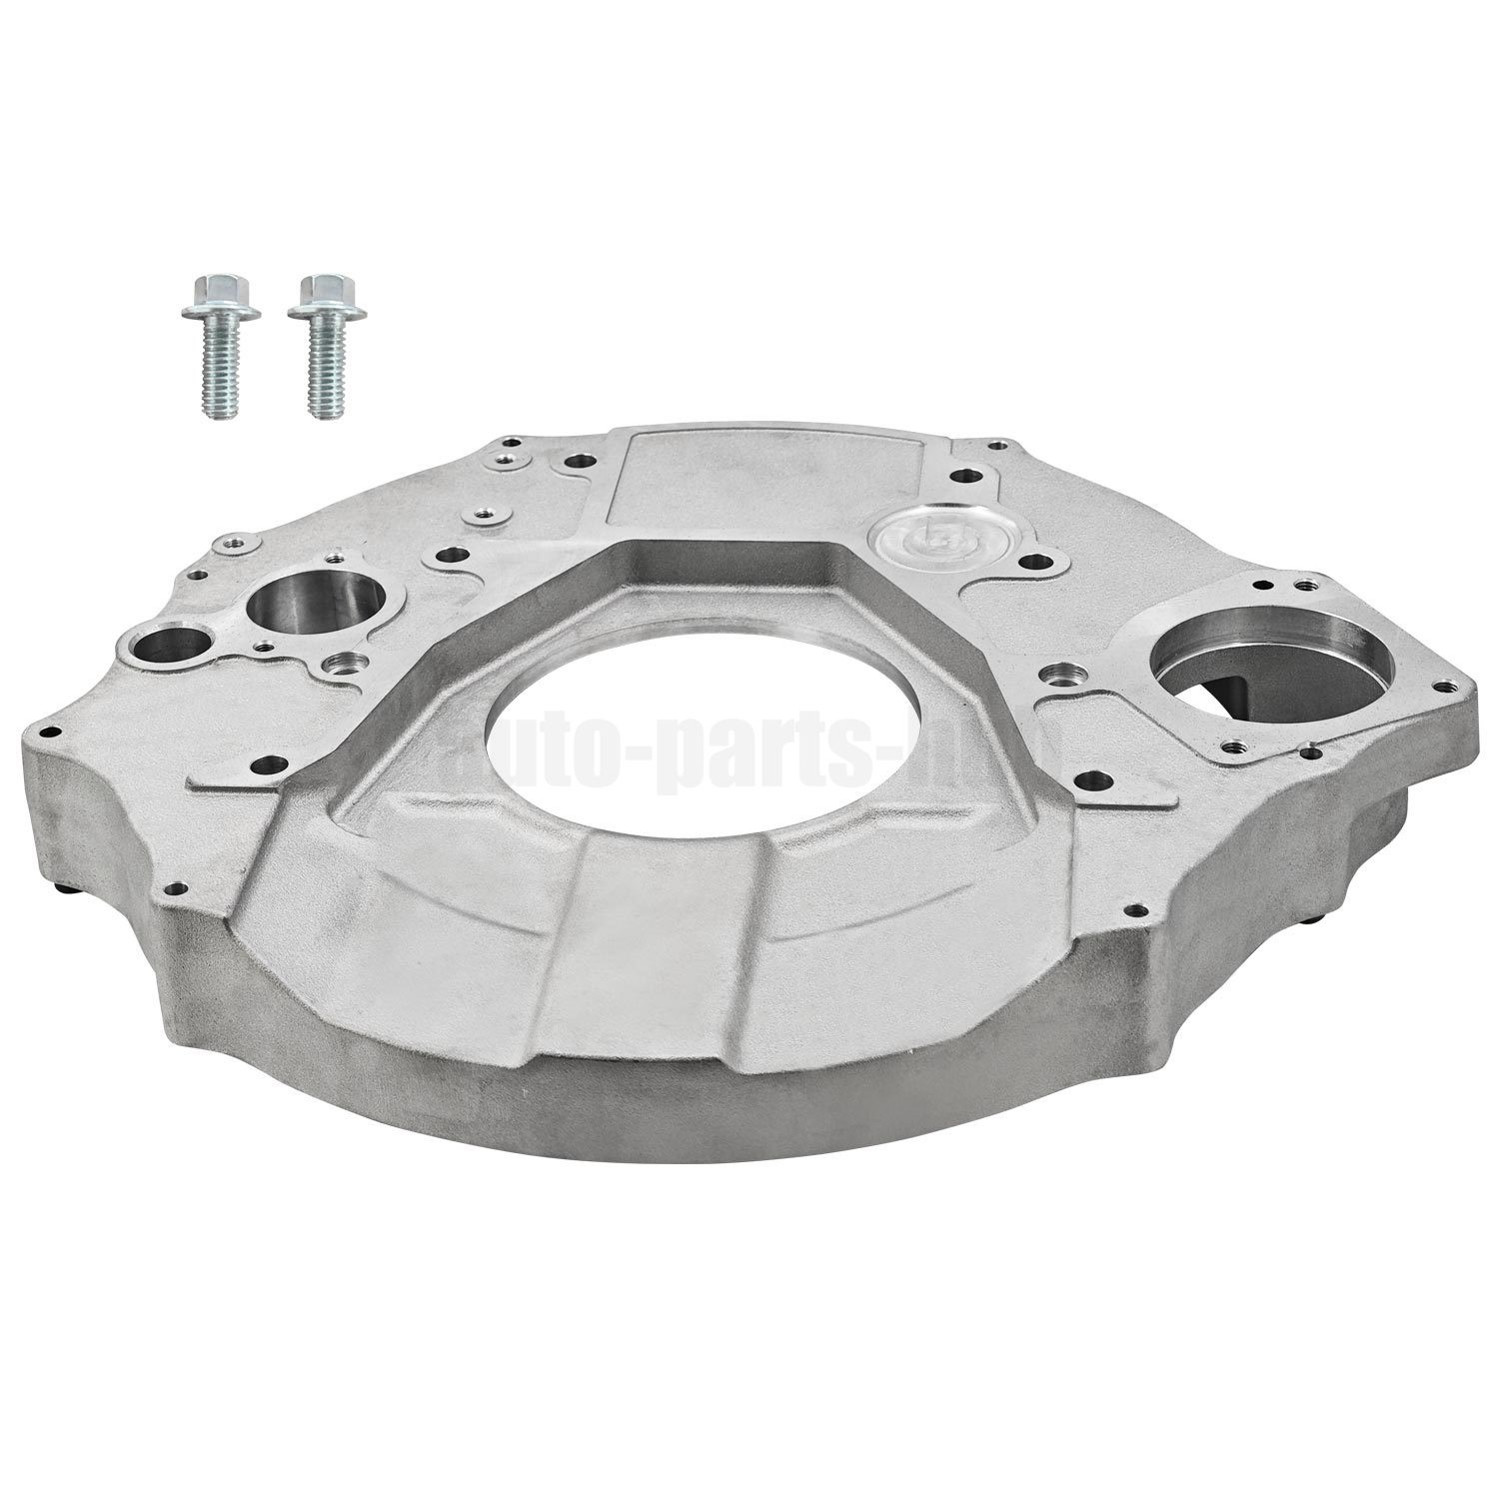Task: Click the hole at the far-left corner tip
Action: tap(45, 732)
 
